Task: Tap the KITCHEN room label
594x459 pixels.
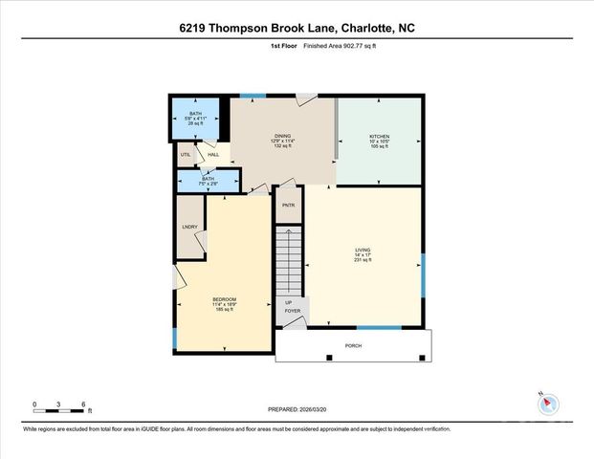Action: point(379,137)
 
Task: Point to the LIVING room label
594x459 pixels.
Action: point(363,251)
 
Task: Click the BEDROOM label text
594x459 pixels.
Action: point(224,299)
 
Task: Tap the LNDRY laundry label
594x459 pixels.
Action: point(189,226)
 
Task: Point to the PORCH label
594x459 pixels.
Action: point(353,345)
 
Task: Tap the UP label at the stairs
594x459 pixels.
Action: point(289,302)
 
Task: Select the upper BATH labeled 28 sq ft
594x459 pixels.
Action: point(195,117)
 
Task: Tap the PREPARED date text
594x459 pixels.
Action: point(297,409)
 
